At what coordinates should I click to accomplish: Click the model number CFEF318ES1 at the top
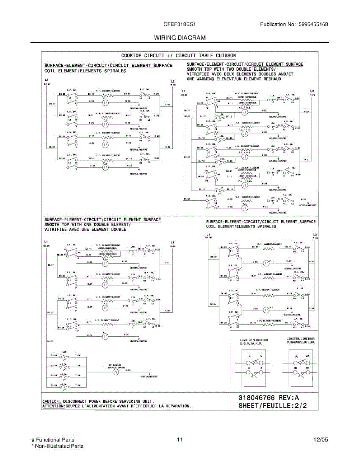click(x=180, y=24)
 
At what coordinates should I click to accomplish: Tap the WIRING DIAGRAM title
click(x=180, y=38)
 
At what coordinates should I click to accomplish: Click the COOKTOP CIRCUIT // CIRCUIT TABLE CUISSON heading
click(x=178, y=56)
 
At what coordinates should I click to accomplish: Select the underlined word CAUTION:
click(x=51, y=401)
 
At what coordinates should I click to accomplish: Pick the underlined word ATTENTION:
click(x=54, y=406)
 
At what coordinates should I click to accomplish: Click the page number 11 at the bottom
click(x=179, y=440)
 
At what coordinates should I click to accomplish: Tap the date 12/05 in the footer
click(x=321, y=440)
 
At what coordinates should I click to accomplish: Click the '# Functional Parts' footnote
click(x=52, y=440)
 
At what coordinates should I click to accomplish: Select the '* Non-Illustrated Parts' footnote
click(x=57, y=446)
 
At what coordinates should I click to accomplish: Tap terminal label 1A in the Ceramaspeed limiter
click(x=296, y=356)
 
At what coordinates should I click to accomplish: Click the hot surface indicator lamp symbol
click(x=115, y=372)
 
